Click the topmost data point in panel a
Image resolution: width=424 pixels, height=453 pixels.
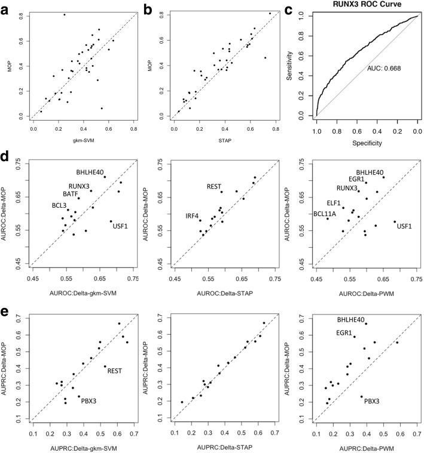coord(64,14)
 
